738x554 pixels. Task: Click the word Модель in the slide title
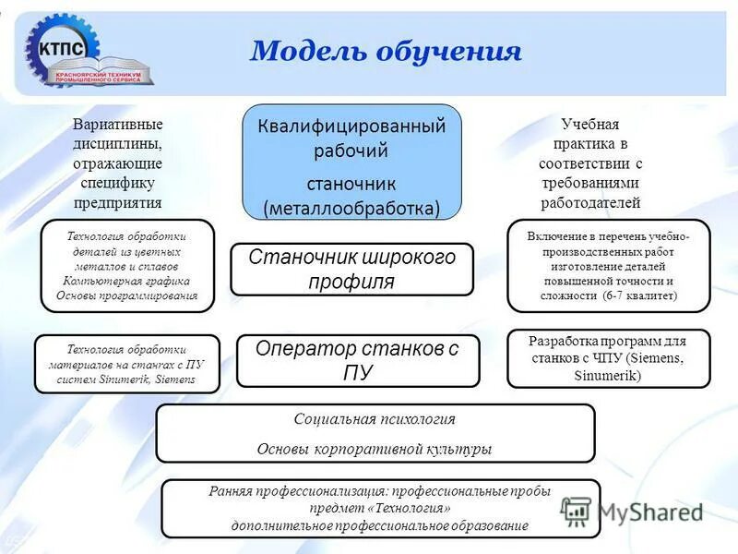coord(304,50)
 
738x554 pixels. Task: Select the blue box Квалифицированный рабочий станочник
coord(351,161)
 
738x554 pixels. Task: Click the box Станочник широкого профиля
coord(351,269)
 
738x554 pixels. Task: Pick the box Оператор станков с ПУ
coord(357,360)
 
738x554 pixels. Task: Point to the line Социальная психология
coord(375,419)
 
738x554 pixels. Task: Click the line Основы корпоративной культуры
coord(374,449)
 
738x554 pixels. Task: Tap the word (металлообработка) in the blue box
coord(351,208)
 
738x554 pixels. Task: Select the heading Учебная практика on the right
coord(590,135)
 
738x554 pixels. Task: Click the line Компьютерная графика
coord(127,281)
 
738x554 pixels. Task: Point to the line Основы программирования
coord(127,295)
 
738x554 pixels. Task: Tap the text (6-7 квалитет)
coord(640,295)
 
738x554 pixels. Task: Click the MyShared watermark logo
coord(633,511)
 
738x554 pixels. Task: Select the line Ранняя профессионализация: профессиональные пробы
coord(380,492)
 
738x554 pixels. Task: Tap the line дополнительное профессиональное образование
coord(380,525)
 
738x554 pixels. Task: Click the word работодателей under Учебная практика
coord(590,203)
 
